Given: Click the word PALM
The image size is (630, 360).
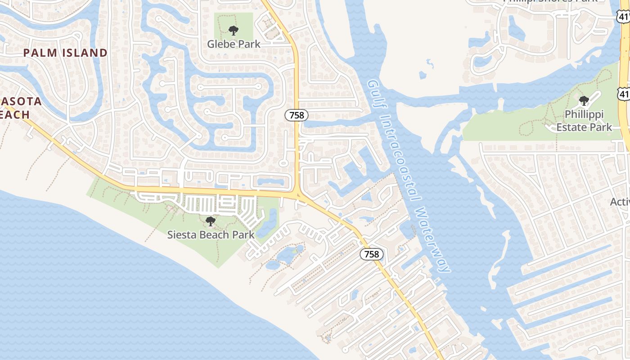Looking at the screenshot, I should coord(40,53).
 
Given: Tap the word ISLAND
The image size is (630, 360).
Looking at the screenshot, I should coord(85,53).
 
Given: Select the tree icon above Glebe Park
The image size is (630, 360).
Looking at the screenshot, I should coord(233,31).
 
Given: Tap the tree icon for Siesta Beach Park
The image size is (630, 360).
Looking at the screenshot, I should coord(210,221).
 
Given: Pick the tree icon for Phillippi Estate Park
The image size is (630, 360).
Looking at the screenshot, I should coord(584,100).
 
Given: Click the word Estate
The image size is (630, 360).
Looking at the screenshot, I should coord(571,127).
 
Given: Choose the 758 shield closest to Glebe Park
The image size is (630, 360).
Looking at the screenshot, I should coord(297,115).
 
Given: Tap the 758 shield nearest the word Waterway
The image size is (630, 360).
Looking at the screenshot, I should coord(372,254).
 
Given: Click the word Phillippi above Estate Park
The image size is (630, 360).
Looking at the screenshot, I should coord(584,114).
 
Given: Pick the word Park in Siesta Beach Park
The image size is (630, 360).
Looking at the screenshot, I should coord(243,234).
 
